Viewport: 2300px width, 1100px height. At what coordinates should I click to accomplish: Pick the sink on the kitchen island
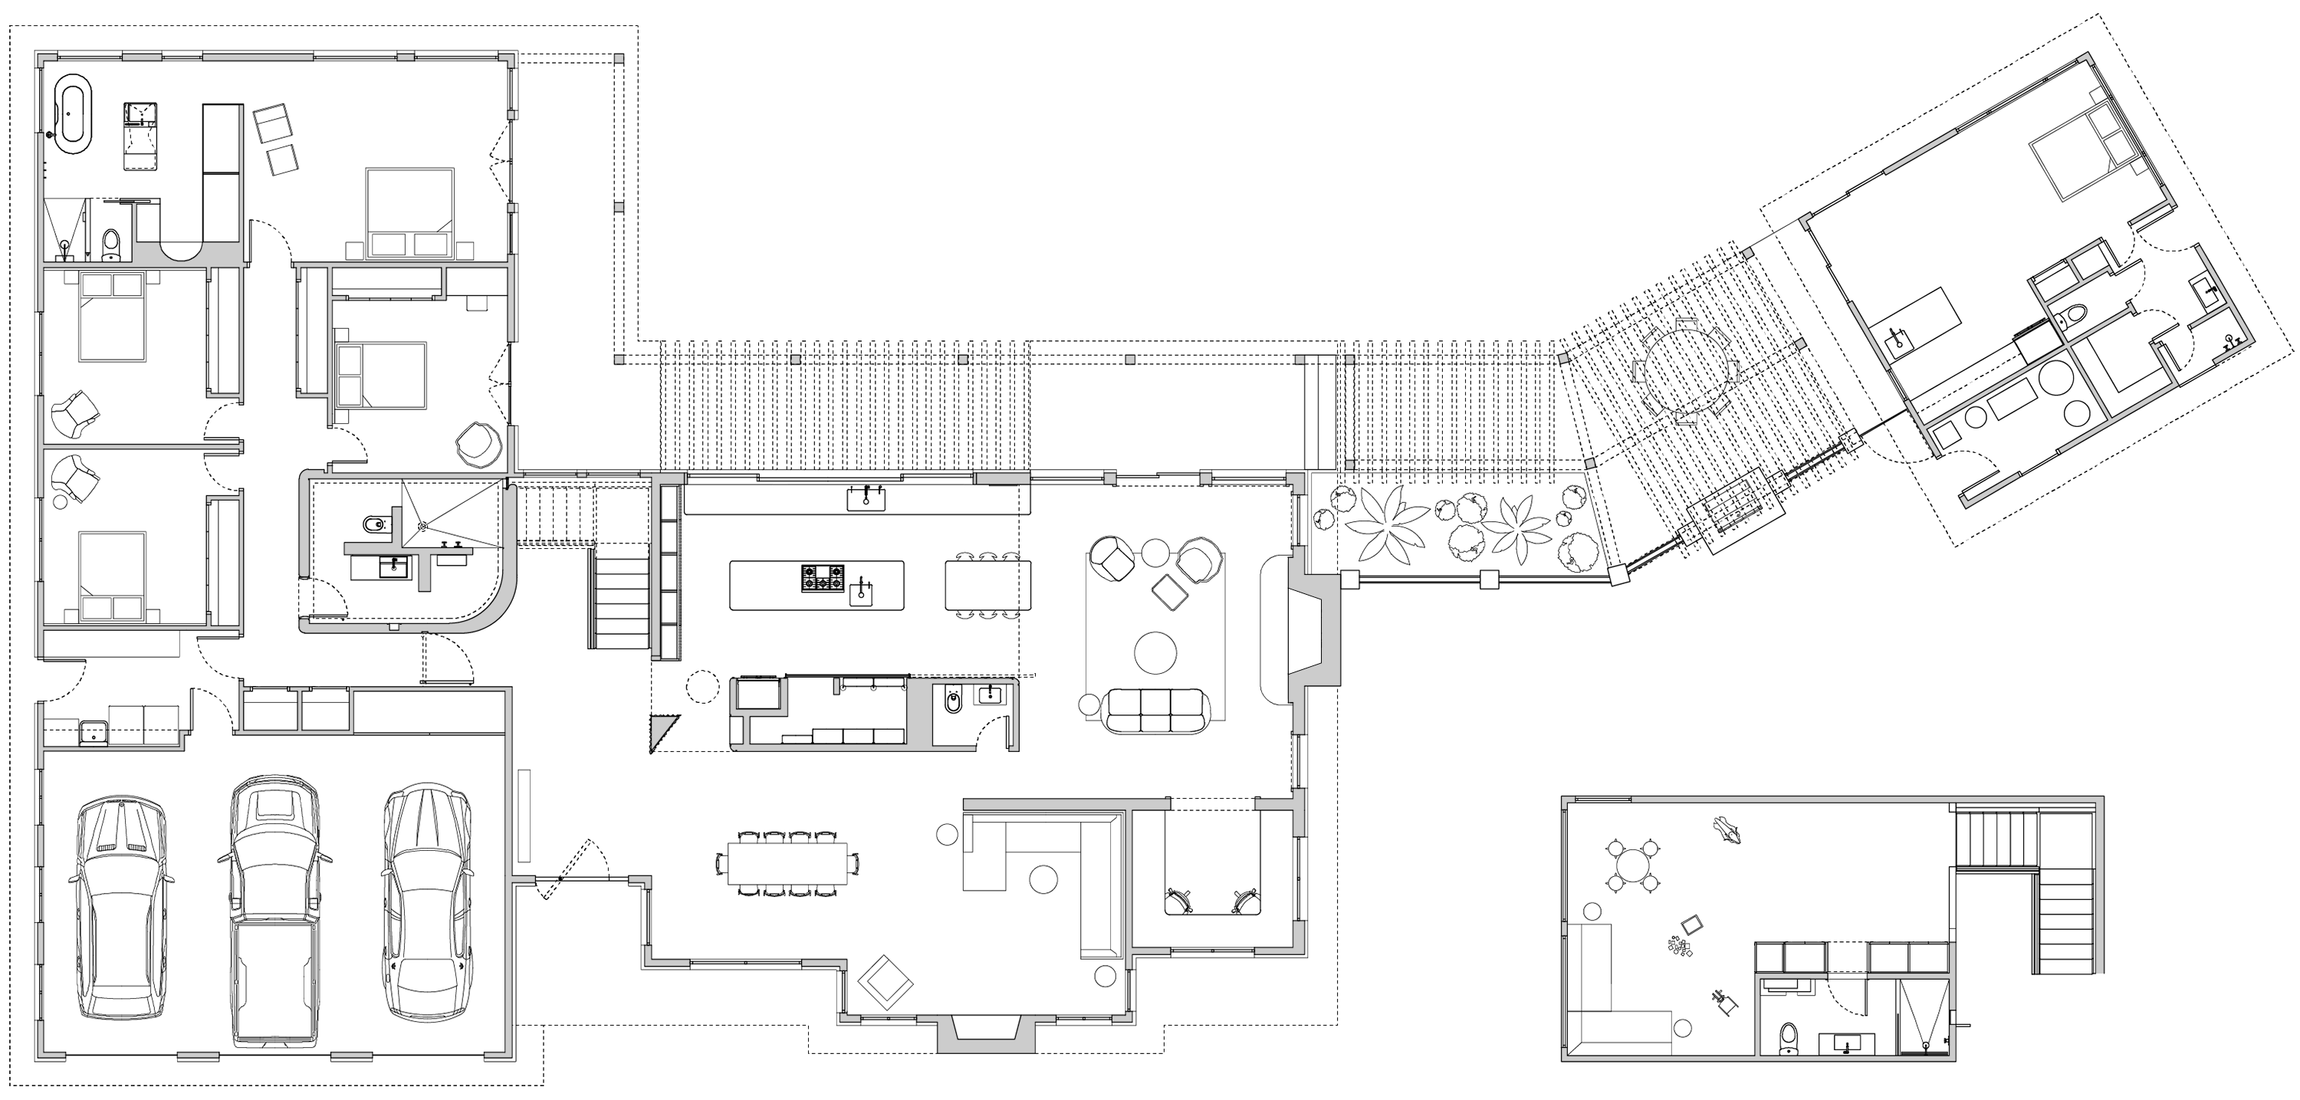[x=861, y=592]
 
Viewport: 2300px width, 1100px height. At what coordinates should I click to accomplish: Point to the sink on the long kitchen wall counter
[x=866, y=499]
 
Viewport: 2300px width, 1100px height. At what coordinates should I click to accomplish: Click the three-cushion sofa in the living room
[x=1156, y=711]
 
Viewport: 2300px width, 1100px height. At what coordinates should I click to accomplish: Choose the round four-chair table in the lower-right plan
[x=1632, y=866]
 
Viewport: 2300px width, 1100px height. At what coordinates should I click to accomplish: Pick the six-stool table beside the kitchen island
[x=987, y=585]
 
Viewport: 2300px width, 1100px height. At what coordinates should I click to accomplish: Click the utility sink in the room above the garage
[x=92, y=734]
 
